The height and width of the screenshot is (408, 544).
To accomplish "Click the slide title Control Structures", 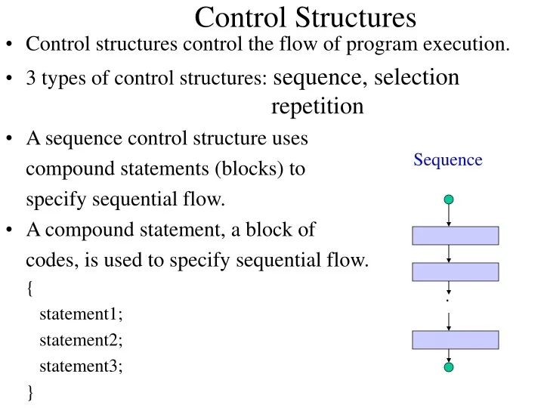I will point(305,17).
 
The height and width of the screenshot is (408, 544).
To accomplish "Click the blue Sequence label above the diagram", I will point(448,159).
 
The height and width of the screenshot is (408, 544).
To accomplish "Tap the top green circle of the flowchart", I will point(449,199).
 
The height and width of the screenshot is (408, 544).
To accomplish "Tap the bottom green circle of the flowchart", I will point(449,368).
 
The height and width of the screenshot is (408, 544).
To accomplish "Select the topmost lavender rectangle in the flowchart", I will point(455,236).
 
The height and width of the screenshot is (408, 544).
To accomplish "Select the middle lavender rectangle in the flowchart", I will point(455,272).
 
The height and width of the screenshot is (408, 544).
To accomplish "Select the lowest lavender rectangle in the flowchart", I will point(455,340).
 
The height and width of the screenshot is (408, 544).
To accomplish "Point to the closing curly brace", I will point(29,391).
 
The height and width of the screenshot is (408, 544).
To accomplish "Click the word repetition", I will point(317,107).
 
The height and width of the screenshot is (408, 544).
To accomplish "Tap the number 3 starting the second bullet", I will point(30,80).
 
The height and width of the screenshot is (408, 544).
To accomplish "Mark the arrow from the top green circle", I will point(449,216).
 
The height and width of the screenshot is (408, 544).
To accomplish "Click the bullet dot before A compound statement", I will point(11,230).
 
